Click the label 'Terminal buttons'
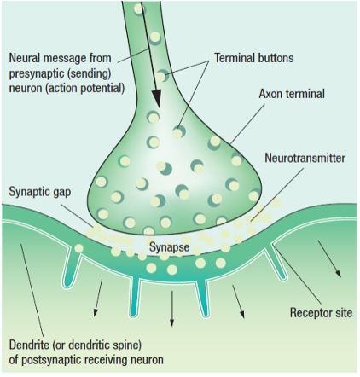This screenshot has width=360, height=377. click(253, 58)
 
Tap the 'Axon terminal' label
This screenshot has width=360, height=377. click(292, 94)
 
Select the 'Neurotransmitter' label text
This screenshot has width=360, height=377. click(305, 158)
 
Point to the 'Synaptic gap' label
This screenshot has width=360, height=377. click(39, 192)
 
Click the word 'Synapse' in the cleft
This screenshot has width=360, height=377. click(169, 246)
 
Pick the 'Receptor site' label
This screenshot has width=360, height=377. click(321, 313)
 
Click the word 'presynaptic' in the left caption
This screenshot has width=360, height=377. click(37, 74)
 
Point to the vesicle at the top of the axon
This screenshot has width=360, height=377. click(139, 10)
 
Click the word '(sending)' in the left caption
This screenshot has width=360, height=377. click(89, 74)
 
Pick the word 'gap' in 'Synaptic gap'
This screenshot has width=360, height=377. click(62, 194)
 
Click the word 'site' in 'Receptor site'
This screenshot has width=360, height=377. click(343, 313)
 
